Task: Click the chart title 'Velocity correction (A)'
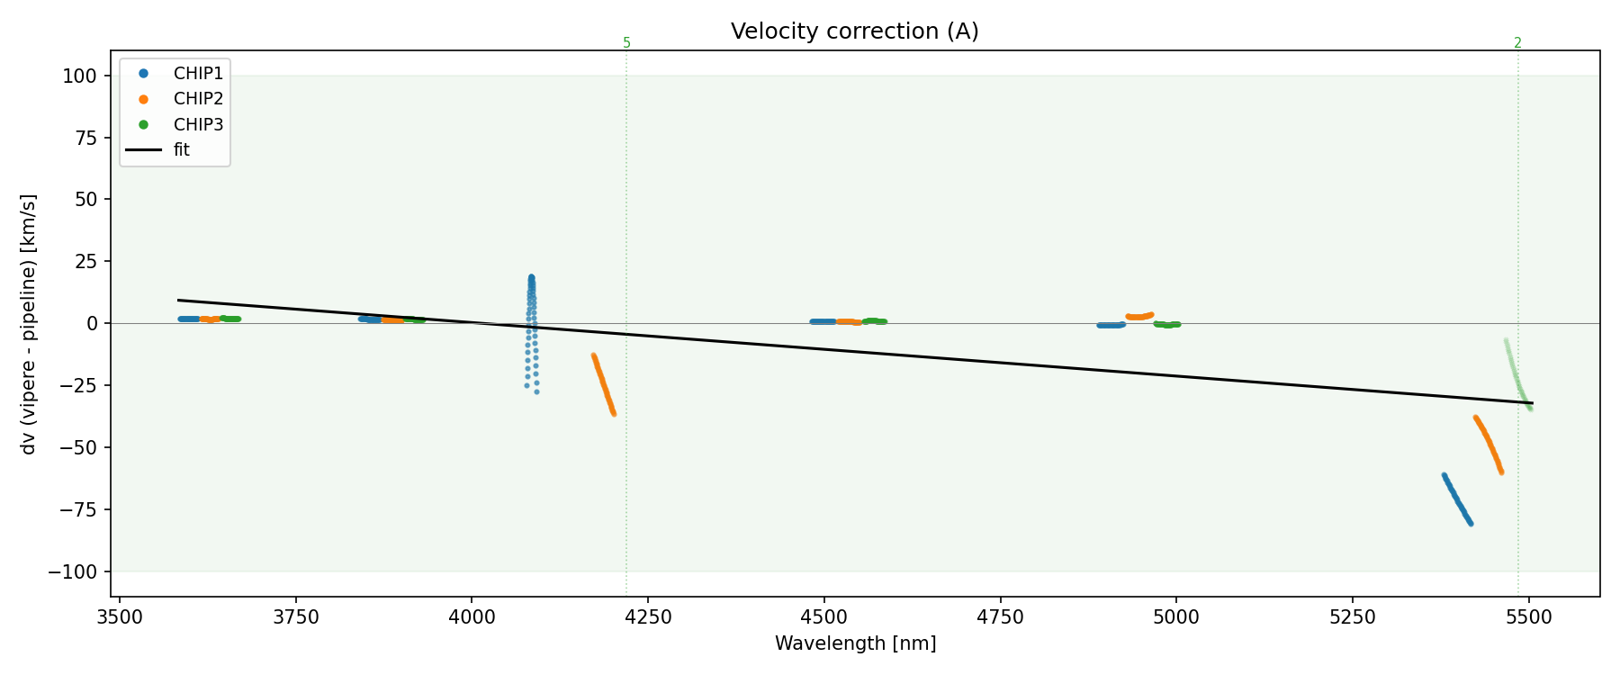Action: pos(854,31)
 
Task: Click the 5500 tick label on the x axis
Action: pos(1529,616)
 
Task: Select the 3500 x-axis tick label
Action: pos(120,616)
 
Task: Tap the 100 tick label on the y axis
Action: pos(79,76)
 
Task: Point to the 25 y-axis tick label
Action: pos(86,262)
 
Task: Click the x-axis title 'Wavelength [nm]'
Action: pos(855,643)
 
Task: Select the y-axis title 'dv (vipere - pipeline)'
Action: pos(29,324)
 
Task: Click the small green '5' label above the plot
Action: pos(626,43)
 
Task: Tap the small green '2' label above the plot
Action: pos(1517,43)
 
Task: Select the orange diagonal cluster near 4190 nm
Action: pos(603,384)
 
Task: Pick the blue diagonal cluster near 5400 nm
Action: pos(1457,499)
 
